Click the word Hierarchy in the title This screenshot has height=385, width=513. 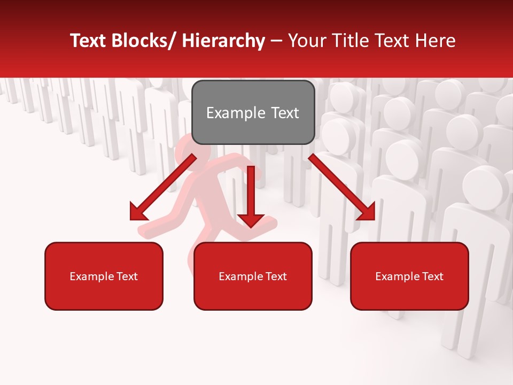pyautogui.click(x=223, y=41)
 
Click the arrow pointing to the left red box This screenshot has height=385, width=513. pyautogui.click(x=163, y=188)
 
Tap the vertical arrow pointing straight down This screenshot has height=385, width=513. pyautogui.click(x=251, y=195)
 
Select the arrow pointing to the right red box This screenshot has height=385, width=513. pyautogui.click(x=342, y=188)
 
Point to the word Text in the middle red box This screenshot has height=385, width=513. pyautogui.click(x=275, y=276)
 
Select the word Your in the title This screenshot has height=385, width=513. pyautogui.click(x=306, y=41)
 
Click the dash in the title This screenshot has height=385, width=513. pyautogui.click(x=276, y=41)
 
